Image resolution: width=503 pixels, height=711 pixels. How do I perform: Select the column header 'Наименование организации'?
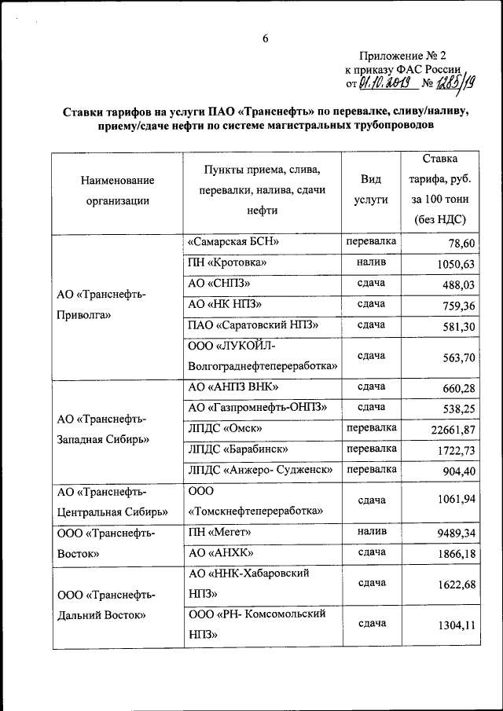(x=117, y=190)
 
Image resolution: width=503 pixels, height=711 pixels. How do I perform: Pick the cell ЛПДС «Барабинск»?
(x=238, y=449)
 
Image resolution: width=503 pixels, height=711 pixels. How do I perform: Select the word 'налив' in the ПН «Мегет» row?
(x=371, y=531)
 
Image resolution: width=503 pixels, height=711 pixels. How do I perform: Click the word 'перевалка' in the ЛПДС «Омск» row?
(x=371, y=427)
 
